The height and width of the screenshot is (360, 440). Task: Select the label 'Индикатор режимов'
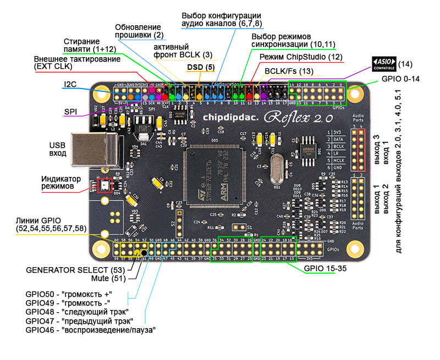pos(61,184)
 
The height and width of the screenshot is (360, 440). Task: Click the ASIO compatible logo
pos(384,64)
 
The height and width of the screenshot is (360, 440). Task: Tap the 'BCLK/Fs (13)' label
pos(289,71)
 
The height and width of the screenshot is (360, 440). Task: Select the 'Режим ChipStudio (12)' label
pos(301,57)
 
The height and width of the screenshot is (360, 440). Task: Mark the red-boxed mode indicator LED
pos(104,186)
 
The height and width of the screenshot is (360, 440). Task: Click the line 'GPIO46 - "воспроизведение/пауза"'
pos(90,330)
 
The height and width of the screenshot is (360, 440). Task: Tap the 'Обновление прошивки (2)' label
pos(137,31)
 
